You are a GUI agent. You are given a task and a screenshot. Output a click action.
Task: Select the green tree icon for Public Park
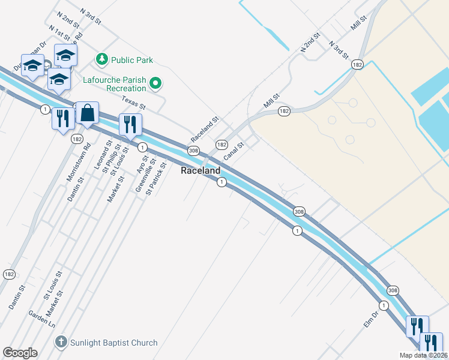pos(101,59)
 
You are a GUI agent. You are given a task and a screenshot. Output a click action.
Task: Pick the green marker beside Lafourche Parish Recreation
pos(155,83)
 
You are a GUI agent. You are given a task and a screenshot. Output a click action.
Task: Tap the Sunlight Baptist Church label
pos(114,343)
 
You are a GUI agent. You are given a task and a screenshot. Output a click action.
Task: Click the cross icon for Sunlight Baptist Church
pos(61,343)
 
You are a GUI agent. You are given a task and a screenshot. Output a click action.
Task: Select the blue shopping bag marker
pos(88,113)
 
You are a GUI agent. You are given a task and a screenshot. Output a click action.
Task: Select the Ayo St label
pos(142,164)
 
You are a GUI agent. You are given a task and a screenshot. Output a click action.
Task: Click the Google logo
pos(20,353)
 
